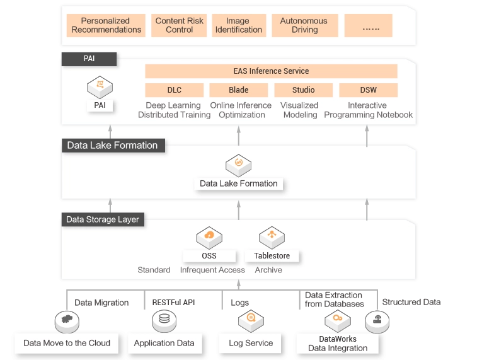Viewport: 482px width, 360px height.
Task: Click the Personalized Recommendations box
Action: tap(106, 25)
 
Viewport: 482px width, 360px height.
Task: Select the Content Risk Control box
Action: tap(180, 25)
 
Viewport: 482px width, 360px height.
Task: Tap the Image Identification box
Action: tap(239, 25)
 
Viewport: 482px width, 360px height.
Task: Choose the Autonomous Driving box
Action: tap(304, 25)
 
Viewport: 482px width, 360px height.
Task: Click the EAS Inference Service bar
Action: tap(271, 71)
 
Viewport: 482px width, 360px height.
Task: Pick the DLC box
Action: tap(175, 90)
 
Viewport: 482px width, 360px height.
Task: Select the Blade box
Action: tap(239, 90)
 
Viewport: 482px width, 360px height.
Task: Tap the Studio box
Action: tap(303, 90)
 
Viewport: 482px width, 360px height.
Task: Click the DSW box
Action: tap(369, 90)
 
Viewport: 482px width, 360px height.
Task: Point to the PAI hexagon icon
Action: tap(100, 86)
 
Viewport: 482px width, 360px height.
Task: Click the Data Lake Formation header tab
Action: tap(112, 146)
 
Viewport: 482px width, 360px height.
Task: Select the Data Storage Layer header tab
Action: tap(103, 219)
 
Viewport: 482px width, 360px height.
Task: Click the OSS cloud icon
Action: tap(209, 237)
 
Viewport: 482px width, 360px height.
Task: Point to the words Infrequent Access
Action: tap(212, 270)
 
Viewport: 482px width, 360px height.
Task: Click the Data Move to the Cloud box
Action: tap(67, 343)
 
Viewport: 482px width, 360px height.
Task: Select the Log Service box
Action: tap(250, 343)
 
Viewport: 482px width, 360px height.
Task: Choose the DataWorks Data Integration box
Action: tap(338, 343)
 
